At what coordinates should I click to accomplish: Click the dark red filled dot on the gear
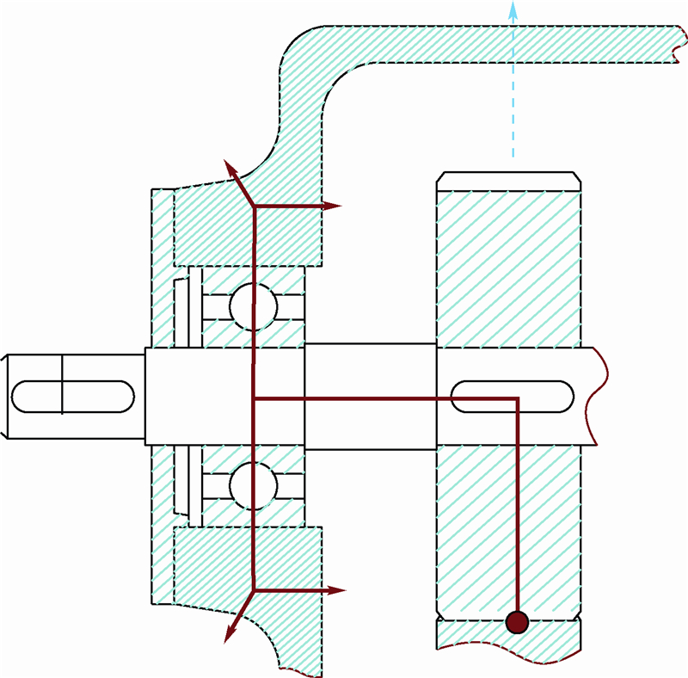pyautogui.click(x=517, y=621)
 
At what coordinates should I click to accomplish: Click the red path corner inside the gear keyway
pyautogui.click(x=517, y=399)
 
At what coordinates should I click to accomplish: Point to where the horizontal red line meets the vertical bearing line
pyautogui.click(x=255, y=399)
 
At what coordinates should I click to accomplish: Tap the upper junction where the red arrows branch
pyautogui.click(x=255, y=206)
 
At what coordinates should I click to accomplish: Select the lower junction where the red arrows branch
pyautogui.click(x=255, y=590)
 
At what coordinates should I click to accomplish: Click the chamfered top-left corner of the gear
pyautogui.click(x=440, y=178)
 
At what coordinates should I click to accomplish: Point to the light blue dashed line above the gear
pyautogui.click(x=513, y=103)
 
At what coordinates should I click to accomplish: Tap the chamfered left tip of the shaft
pyautogui.click(x=4, y=396)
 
